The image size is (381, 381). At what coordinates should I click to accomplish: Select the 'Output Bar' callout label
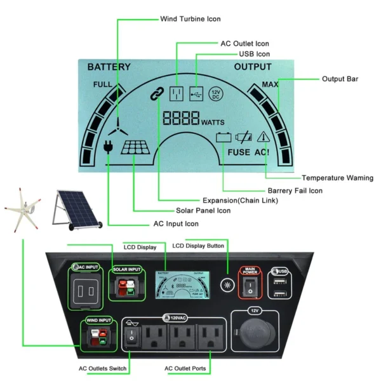click(340, 79)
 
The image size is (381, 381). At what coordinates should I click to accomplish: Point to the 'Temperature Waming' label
click(337, 178)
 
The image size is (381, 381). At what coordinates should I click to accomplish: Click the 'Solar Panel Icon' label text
click(203, 210)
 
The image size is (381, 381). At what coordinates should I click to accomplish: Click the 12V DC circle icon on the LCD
click(216, 94)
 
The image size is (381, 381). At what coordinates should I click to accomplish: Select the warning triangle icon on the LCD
click(263, 137)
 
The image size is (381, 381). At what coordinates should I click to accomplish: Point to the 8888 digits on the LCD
click(181, 118)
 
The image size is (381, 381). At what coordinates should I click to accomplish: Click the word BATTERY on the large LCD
click(109, 67)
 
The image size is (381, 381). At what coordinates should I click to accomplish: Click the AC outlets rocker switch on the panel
click(130, 337)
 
